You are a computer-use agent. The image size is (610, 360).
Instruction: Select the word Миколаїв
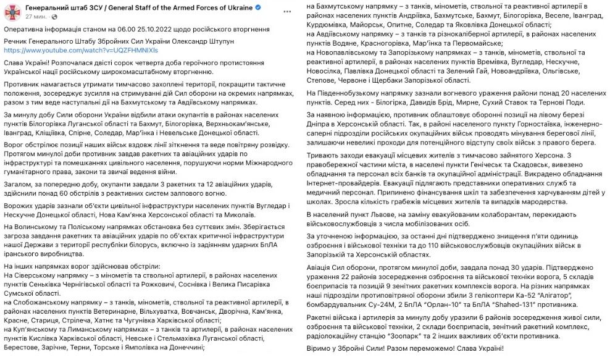click(236, 214)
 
